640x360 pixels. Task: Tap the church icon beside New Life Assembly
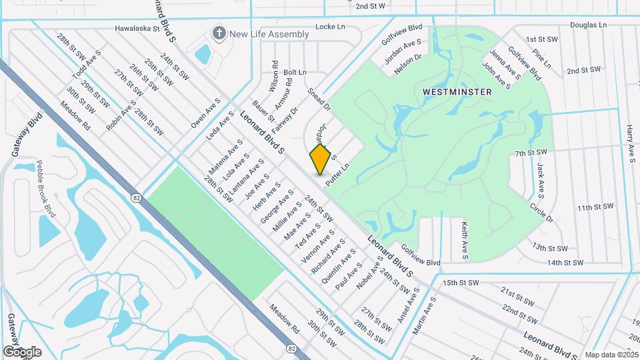coord(218,33)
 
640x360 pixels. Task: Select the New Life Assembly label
coord(269,34)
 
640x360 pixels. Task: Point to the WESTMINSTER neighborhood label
coord(457,91)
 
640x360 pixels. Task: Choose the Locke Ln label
coord(330,27)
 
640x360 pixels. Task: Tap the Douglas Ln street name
coord(589,25)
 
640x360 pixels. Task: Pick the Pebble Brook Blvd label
coord(45,188)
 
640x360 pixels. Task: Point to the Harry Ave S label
coord(630,143)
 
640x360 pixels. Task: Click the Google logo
coord(22,351)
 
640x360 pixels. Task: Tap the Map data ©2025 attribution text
coord(612,355)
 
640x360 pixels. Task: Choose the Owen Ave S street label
coord(205,113)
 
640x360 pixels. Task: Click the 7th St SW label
coord(531,154)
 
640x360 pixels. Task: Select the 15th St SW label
coord(461,283)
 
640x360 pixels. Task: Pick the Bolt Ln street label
coord(295,72)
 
